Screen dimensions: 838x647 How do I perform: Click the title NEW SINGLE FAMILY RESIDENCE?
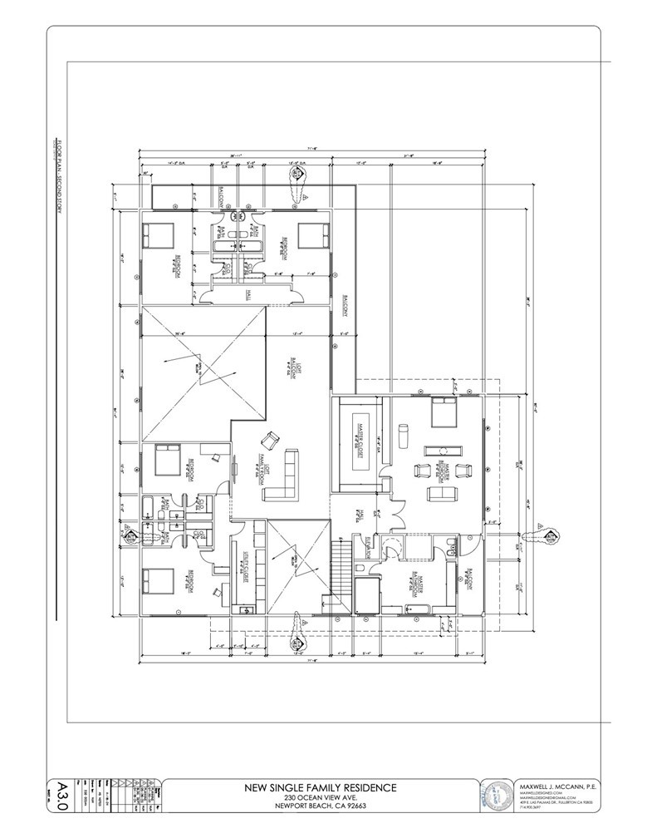pyautogui.click(x=320, y=786)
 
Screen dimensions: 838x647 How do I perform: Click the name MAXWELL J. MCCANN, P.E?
pyautogui.click(x=559, y=786)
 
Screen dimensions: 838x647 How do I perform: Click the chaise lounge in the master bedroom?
pyautogui.click(x=404, y=434)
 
